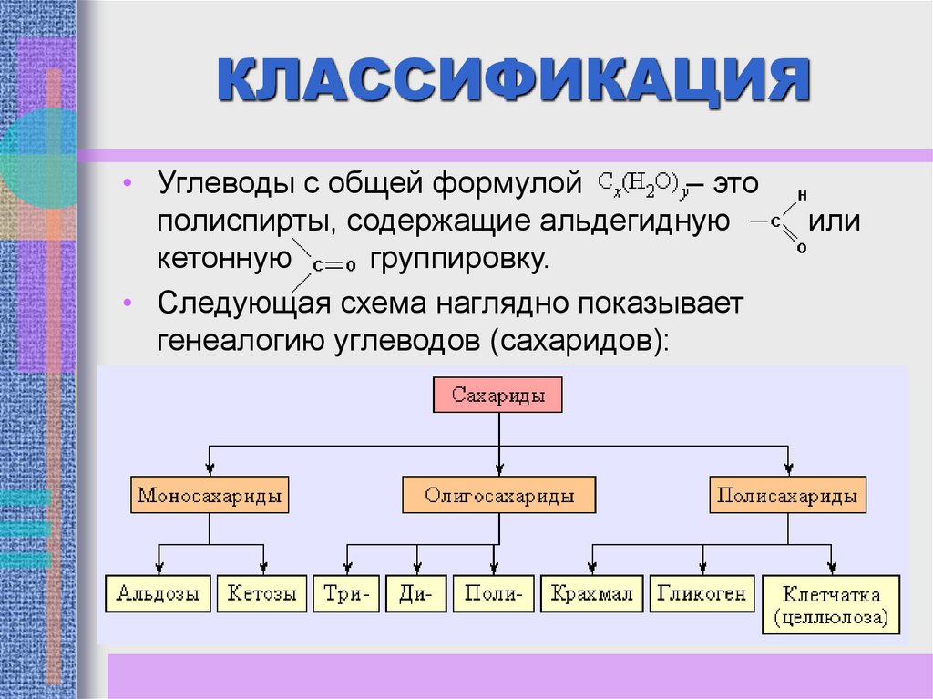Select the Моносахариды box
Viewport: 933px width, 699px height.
[209, 496]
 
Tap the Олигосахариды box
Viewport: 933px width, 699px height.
[498, 496]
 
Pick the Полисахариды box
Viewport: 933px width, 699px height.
[787, 496]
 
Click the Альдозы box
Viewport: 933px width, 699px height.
[158, 594]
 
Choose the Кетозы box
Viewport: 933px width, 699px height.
[261, 594]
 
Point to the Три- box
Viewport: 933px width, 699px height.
[345, 594]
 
